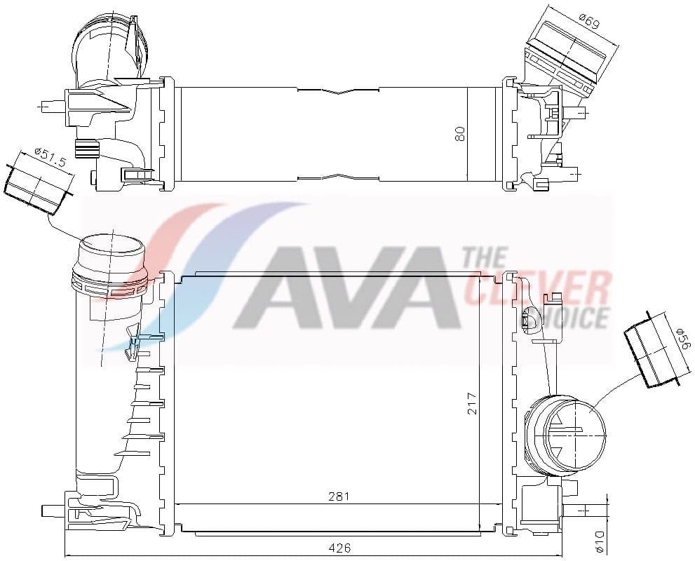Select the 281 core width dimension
tap(338, 496)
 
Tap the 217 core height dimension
tap(473, 402)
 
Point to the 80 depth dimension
tap(460, 133)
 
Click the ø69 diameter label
tap(590, 21)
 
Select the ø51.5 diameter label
tap(50, 158)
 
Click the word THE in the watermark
tap(486, 259)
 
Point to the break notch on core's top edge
tap(338, 91)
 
